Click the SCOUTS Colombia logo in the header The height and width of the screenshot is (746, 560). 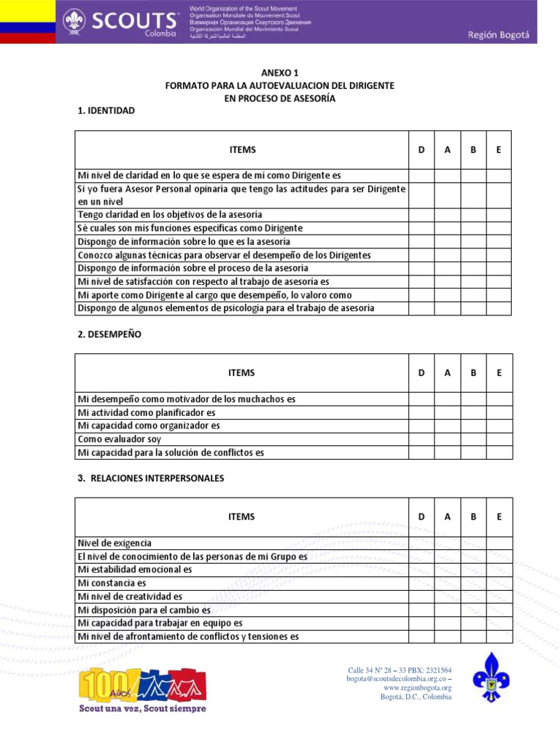(x=120, y=22)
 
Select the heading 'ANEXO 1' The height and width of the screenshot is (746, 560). (x=280, y=73)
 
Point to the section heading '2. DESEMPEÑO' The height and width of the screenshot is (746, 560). (x=109, y=334)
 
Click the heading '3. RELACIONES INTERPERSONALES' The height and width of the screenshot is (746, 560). (x=150, y=479)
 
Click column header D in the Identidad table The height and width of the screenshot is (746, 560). (x=421, y=150)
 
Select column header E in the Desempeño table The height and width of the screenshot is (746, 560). (x=499, y=373)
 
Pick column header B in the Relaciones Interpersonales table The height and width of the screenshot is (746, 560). (x=473, y=517)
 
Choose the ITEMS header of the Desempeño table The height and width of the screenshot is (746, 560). (x=241, y=373)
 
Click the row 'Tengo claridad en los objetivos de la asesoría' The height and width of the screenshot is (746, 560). (x=170, y=215)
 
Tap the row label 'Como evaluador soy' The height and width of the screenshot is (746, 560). (x=120, y=439)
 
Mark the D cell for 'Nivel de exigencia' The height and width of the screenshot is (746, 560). (x=421, y=543)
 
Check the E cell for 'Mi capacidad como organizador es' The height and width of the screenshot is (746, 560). (x=499, y=426)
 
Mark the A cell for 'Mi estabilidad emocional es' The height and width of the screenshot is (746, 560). (x=448, y=570)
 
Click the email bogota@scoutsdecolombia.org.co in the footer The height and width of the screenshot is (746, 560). (x=397, y=679)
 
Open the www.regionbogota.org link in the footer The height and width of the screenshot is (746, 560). (x=417, y=688)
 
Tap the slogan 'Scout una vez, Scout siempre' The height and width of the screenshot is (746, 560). (x=142, y=708)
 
